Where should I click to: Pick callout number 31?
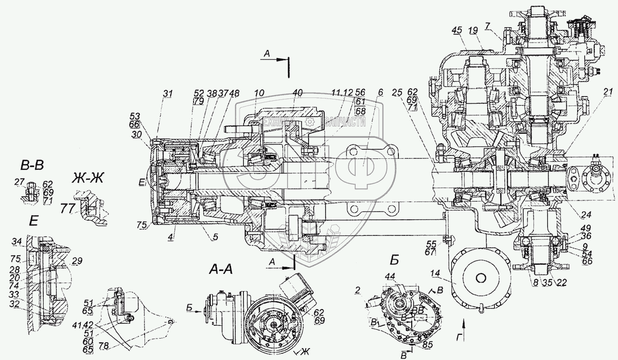pos(167,94)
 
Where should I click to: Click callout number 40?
pos(297,94)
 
